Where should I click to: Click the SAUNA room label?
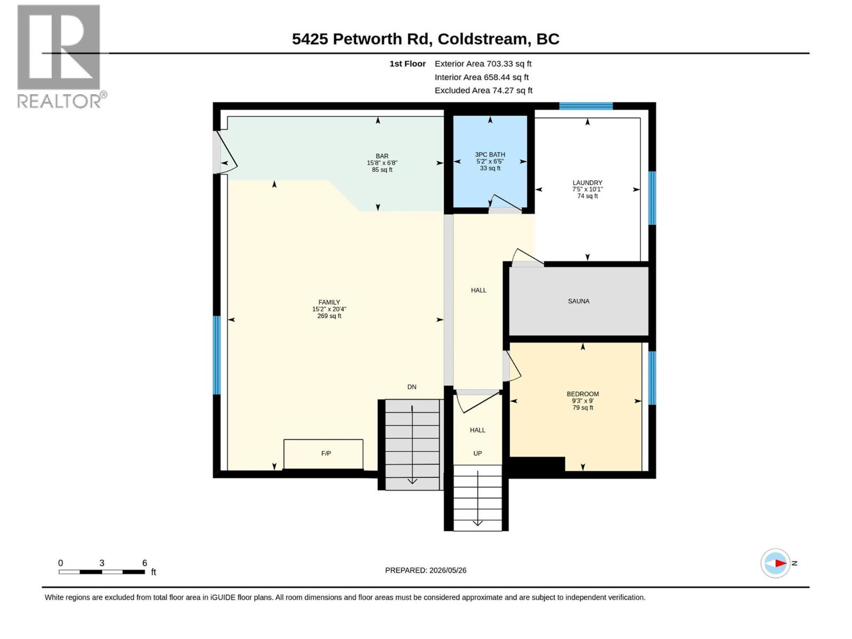(578, 301)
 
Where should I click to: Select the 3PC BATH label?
(490, 154)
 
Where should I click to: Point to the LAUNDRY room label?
(587, 183)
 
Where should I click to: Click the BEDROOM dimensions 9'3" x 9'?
(583, 401)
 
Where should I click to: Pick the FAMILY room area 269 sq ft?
(329, 316)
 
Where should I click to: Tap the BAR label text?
(382, 156)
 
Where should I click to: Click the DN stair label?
(412, 387)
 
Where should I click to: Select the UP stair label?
(478, 453)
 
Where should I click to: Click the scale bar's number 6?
(145, 562)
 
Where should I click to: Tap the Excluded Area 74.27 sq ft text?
(484, 91)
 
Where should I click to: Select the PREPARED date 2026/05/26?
(447, 570)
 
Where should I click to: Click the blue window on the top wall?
(586, 106)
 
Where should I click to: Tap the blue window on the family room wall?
(217, 355)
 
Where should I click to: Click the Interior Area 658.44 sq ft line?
(481, 77)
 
